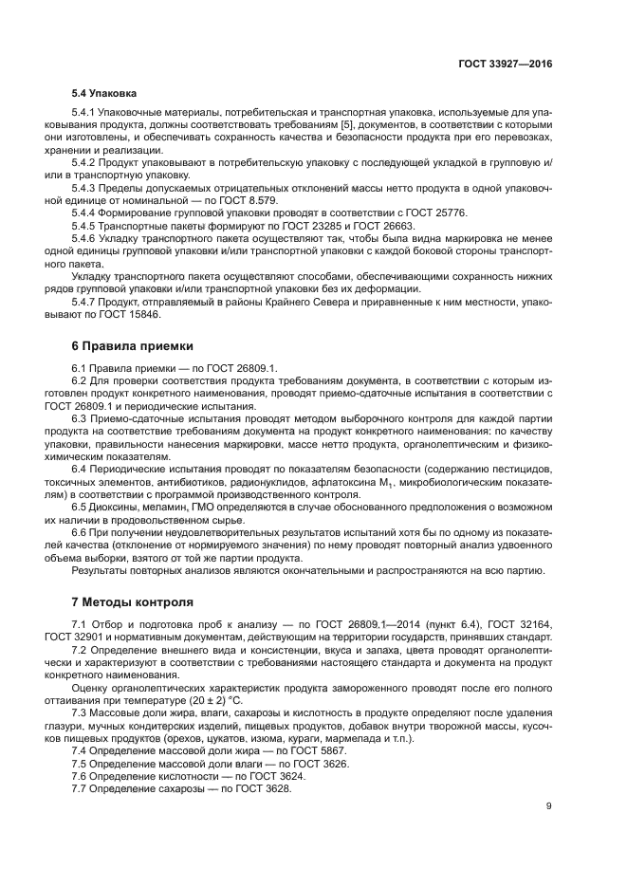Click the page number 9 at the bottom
(x=548, y=807)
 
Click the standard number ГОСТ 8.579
(x=227, y=201)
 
